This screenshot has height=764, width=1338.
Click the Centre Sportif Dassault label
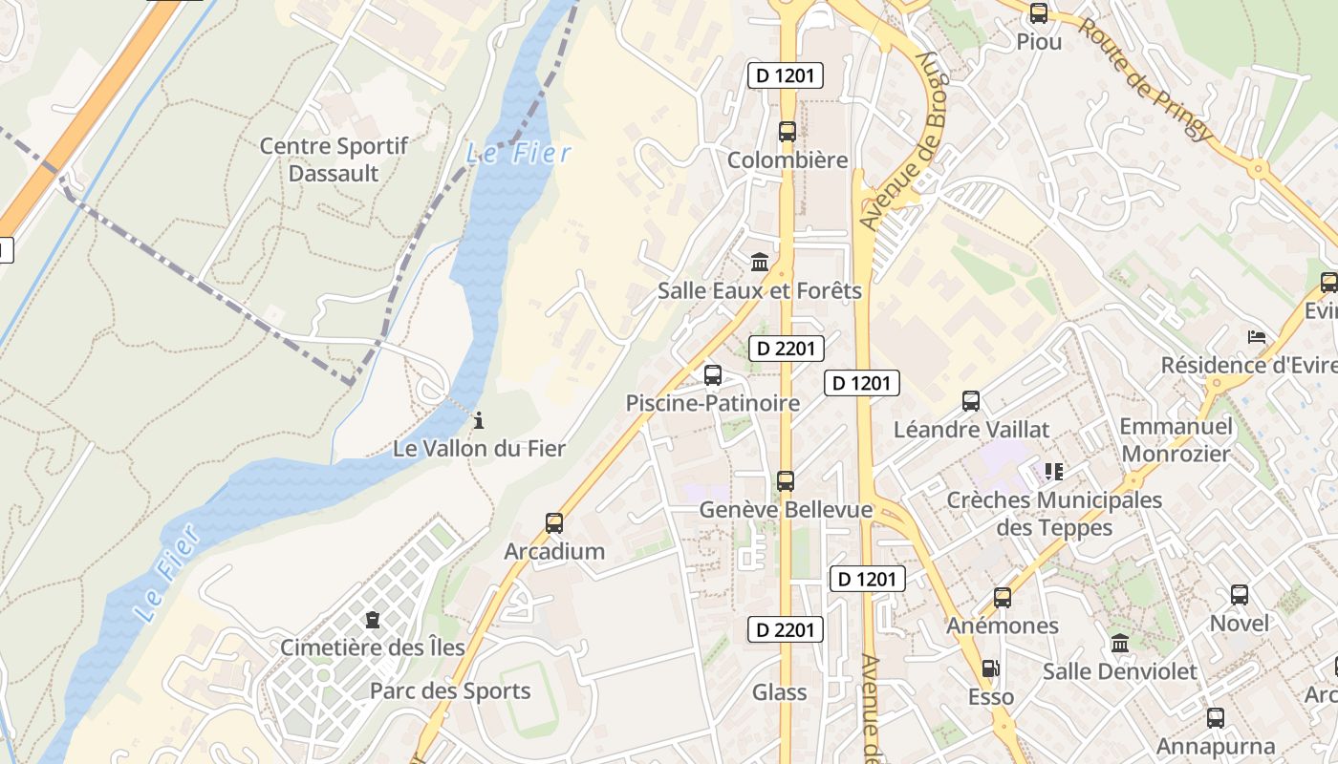click(x=334, y=159)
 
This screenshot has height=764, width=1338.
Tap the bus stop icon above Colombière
click(x=788, y=132)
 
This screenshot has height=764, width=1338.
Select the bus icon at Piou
click(x=1039, y=13)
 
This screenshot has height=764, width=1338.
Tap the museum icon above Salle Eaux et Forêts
click(x=760, y=262)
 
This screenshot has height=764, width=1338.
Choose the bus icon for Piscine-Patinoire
click(x=713, y=375)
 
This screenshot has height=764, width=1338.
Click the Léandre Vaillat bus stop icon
click(x=971, y=401)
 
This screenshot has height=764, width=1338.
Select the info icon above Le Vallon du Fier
click(x=479, y=420)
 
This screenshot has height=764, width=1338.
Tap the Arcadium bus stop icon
click(x=554, y=523)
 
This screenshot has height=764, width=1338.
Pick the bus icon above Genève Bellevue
click(x=786, y=481)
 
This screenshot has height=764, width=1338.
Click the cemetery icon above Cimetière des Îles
click(x=373, y=620)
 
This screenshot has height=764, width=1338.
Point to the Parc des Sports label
click(x=450, y=691)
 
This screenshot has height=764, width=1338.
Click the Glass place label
click(x=779, y=692)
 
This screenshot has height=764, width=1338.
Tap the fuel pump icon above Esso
click(x=991, y=669)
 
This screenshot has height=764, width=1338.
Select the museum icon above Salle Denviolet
click(x=1120, y=644)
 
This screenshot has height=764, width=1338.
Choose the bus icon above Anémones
click(x=1003, y=598)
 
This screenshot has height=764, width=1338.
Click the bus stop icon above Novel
click(x=1240, y=595)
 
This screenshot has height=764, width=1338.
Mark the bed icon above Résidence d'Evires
click(x=1257, y=337)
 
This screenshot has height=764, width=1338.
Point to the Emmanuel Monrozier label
click(x=1176, y=439)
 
